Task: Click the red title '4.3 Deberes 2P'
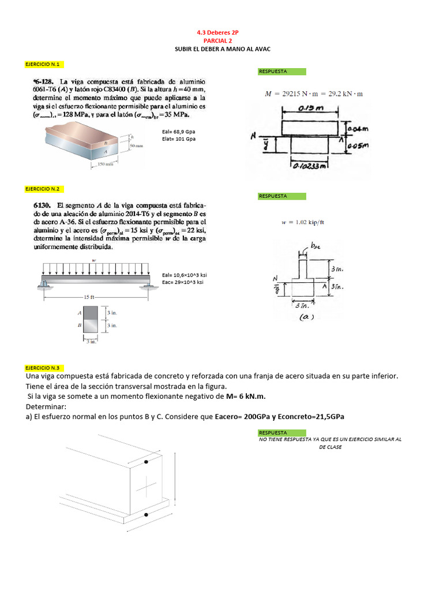coord(221,33)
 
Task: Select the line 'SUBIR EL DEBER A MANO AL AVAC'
coord(222,50)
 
